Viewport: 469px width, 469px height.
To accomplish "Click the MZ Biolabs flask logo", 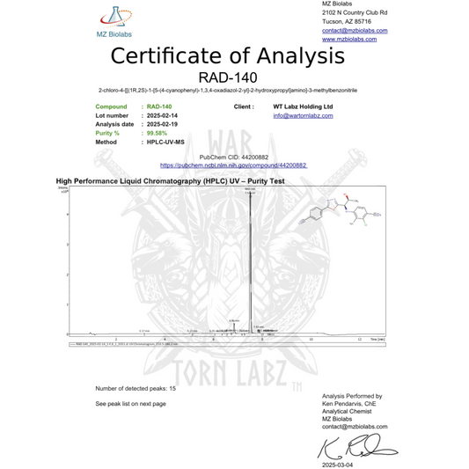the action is pyautogui.click(x=113, y=17).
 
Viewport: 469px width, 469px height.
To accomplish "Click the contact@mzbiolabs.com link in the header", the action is pyautogui.click(x=355, y=31).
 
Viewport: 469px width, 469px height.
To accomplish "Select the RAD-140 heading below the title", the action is pyautogui.click(x=233, y=77).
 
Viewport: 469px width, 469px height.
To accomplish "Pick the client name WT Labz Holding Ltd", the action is pyautogui.click(x=304, y=106).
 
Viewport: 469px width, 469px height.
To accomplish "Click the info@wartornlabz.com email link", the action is pyautogui.click(x=303, y=115).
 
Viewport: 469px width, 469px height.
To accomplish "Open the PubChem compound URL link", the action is pyautogui.click(x=233, y=165).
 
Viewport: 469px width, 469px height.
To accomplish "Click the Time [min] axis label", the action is pyautogui.click(x=377, y=338).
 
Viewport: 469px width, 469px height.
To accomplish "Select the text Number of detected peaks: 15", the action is pyautogui.click(x=136, y=388).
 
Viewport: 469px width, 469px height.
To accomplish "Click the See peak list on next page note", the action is pyautogui.click(x=130, y=403).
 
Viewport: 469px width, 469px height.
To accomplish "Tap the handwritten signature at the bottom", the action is pyautogui.click(x=348, y=447).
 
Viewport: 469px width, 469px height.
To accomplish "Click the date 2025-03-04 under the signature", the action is pyautogui.click(x=337, y=464).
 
